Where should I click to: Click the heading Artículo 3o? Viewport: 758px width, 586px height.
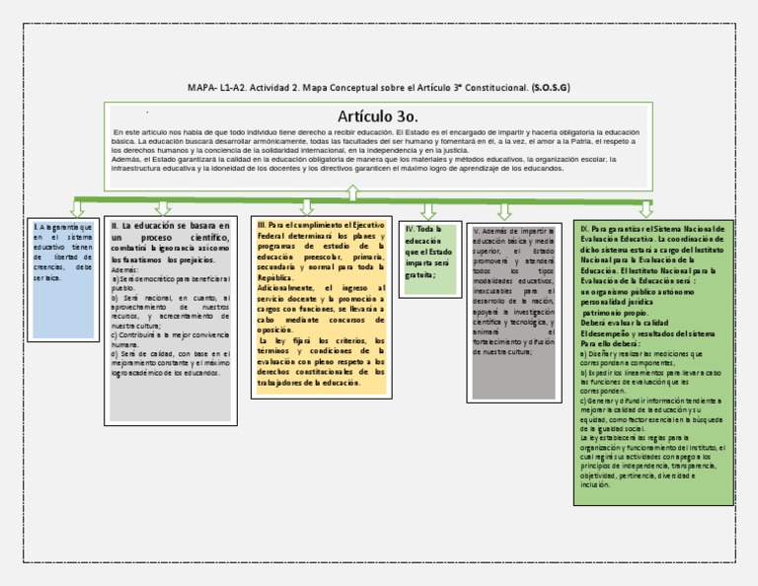point(378,116)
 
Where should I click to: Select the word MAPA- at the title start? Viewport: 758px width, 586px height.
point(202,88)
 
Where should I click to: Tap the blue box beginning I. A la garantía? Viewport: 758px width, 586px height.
point(61,280)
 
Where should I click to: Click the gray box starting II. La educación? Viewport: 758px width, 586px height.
point(172,321)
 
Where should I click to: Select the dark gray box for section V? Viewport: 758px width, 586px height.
point(513,311)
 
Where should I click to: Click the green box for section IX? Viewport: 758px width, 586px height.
point(653,362)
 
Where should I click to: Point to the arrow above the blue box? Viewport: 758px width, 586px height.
point(77,209)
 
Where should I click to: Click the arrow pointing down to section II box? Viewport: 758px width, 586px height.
point(164,208)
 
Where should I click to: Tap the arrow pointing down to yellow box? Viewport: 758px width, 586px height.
point(307,207)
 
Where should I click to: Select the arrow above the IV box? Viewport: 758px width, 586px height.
point(428,210)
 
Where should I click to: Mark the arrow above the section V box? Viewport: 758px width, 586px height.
point(504,211)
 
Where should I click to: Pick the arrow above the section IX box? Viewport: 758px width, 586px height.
point(646,208)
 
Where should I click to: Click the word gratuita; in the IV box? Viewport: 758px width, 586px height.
point(421,275)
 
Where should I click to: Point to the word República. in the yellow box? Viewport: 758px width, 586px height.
point(277,277)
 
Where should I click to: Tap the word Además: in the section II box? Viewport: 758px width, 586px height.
point(125,269)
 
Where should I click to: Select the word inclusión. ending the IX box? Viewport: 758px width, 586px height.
point(596,484)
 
